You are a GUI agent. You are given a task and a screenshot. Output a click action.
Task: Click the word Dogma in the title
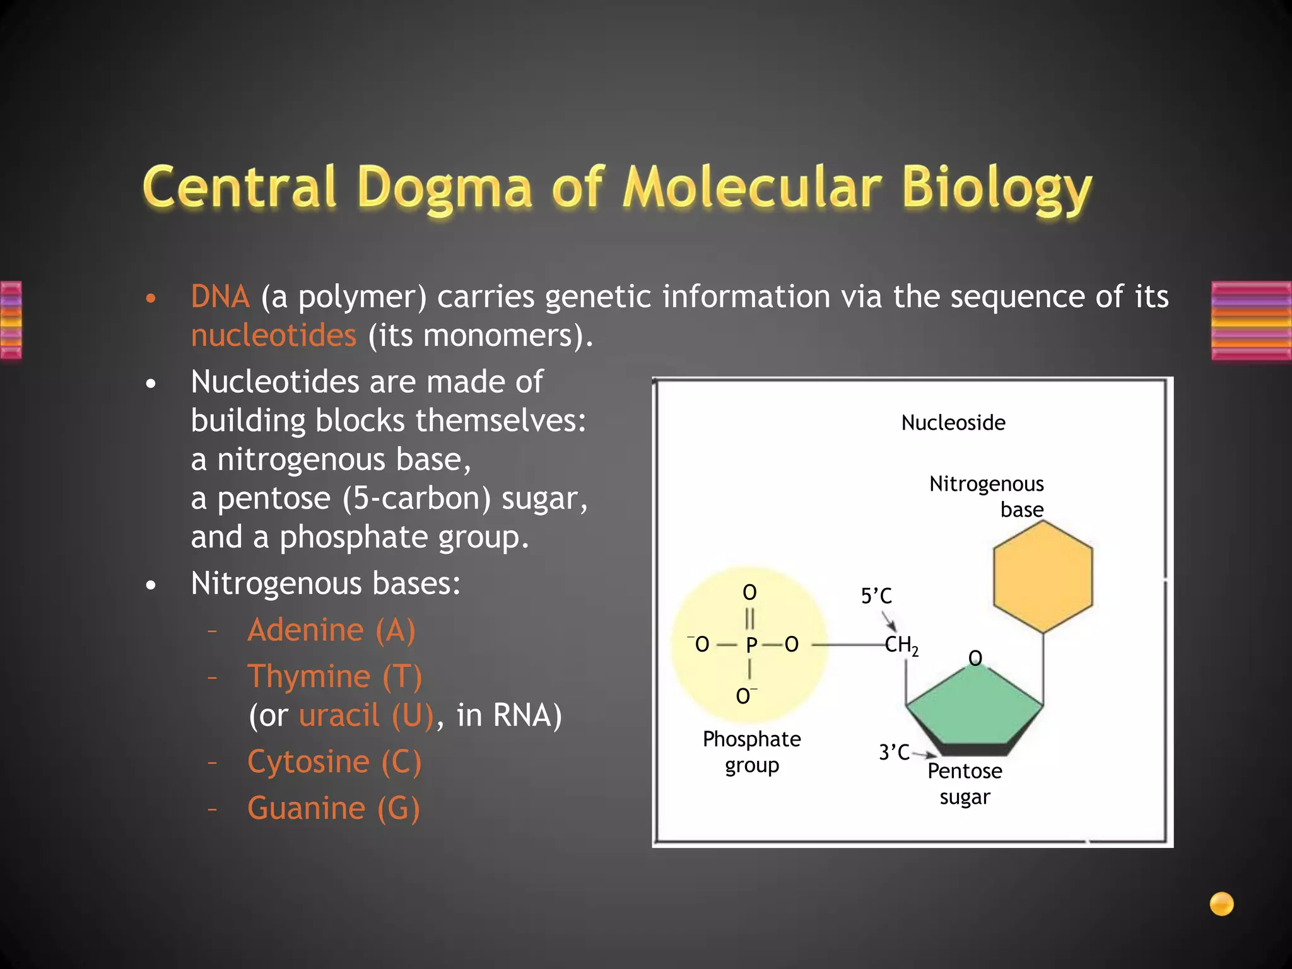[x=445, y=188]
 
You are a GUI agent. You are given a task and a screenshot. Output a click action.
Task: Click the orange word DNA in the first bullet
[x=220, y=297]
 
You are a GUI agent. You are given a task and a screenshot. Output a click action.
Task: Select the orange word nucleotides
[x=274, y=335]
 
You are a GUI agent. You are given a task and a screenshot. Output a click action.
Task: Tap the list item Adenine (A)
[x=331, y=630]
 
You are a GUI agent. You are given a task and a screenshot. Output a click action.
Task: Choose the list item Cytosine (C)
[x=334, y=761]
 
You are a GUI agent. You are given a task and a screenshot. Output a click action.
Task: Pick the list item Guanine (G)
[x=333, y=808]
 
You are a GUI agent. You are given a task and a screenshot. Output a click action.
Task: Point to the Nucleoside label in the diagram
[x=953, y=423]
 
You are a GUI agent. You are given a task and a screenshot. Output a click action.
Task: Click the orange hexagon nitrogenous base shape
[x=1042, y=577]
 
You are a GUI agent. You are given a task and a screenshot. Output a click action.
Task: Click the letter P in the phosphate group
[x=751, y=645]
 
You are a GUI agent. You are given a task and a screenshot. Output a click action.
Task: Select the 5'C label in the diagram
[x=876, y=596]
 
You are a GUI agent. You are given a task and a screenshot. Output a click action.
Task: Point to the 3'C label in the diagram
[x=893, y=753]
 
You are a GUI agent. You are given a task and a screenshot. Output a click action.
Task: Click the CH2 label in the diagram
[x=901, y=645]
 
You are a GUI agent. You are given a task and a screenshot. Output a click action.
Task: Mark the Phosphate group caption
[x=751, y=752]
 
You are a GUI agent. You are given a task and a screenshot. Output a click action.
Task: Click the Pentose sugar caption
[x=965, y=784]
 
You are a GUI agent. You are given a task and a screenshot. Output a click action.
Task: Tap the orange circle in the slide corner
[x=1221, y=903]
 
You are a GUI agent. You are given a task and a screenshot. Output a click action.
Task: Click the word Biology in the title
[x=997, y=188]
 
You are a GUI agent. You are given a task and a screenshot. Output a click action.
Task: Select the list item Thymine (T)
[x=334, y=677]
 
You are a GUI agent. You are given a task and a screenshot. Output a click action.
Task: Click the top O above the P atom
[x=749, y=592]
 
